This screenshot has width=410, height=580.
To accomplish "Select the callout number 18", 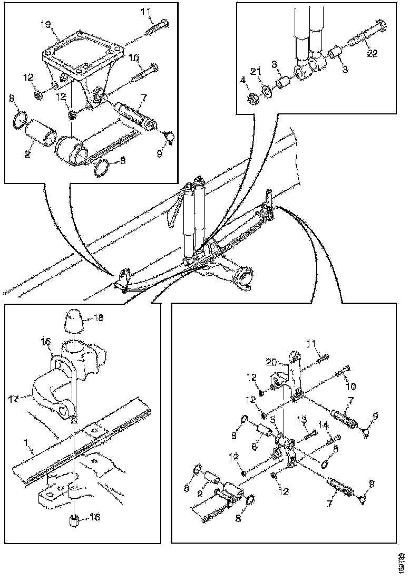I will point(98,317).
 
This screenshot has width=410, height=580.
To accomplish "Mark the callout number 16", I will point(95,518).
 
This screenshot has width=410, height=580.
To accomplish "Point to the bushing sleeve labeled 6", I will point(262,433).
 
